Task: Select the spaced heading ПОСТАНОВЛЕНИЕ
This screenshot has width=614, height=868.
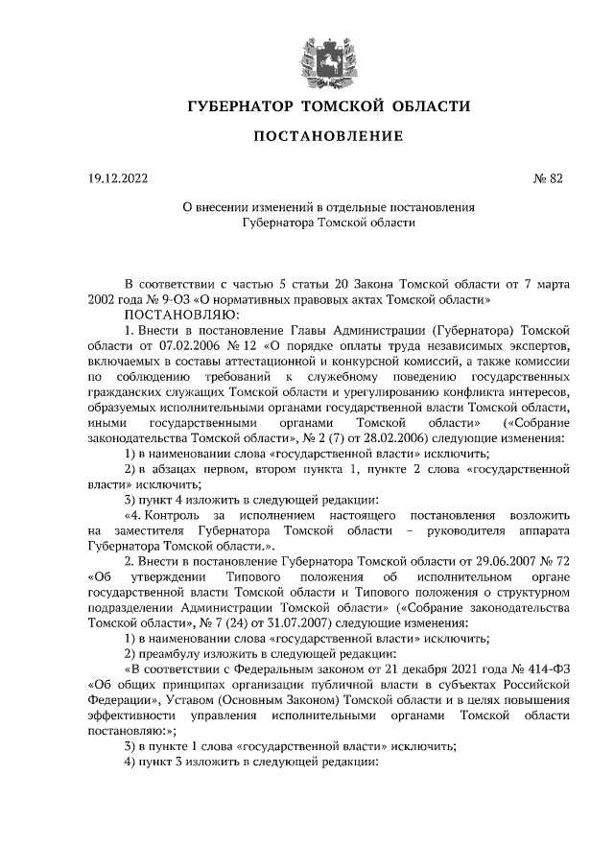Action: pyautogui.click(x=327, y=136)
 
